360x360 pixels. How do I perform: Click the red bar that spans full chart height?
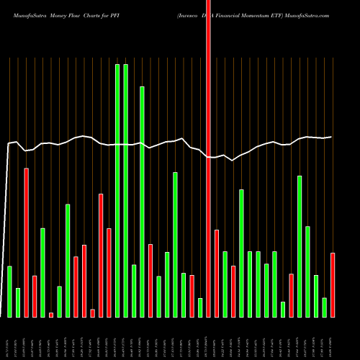pos(209,180)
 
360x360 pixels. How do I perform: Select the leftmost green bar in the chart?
pos(10,292)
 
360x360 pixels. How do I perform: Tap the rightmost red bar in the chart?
pos(333,284)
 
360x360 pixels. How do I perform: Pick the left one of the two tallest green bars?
pos(117,191)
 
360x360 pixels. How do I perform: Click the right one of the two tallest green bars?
pos(126,191)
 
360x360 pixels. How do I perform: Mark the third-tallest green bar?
pos(142,202)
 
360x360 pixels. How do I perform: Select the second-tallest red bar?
pos(27,243)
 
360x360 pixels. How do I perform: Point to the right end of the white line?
pos(331,137)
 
